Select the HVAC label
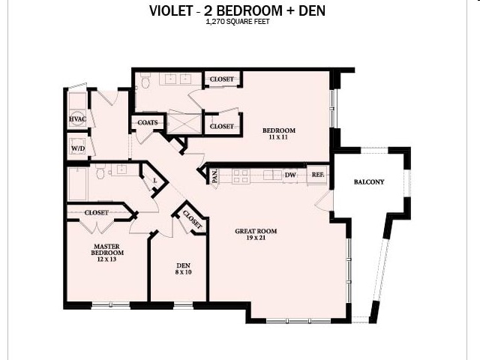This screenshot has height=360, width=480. pos(77,119)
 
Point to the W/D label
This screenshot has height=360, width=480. pos(77,148)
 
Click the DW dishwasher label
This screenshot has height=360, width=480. pos(289,175)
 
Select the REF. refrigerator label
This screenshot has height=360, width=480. pos(317,175)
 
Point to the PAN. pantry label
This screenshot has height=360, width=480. pos(214,176)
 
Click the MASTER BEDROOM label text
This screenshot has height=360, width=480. pos(108,250)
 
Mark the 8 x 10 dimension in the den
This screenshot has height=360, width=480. pos(183,272)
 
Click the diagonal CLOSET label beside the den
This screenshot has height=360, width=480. pos(192,221)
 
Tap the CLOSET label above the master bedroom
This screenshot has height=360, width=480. pos(97,212)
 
